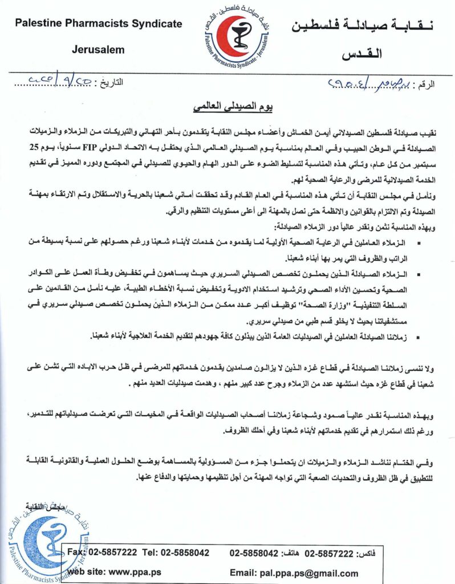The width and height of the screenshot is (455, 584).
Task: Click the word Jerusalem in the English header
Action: click(98, 50)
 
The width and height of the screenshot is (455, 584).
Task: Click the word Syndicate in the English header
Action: click(156, 24)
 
